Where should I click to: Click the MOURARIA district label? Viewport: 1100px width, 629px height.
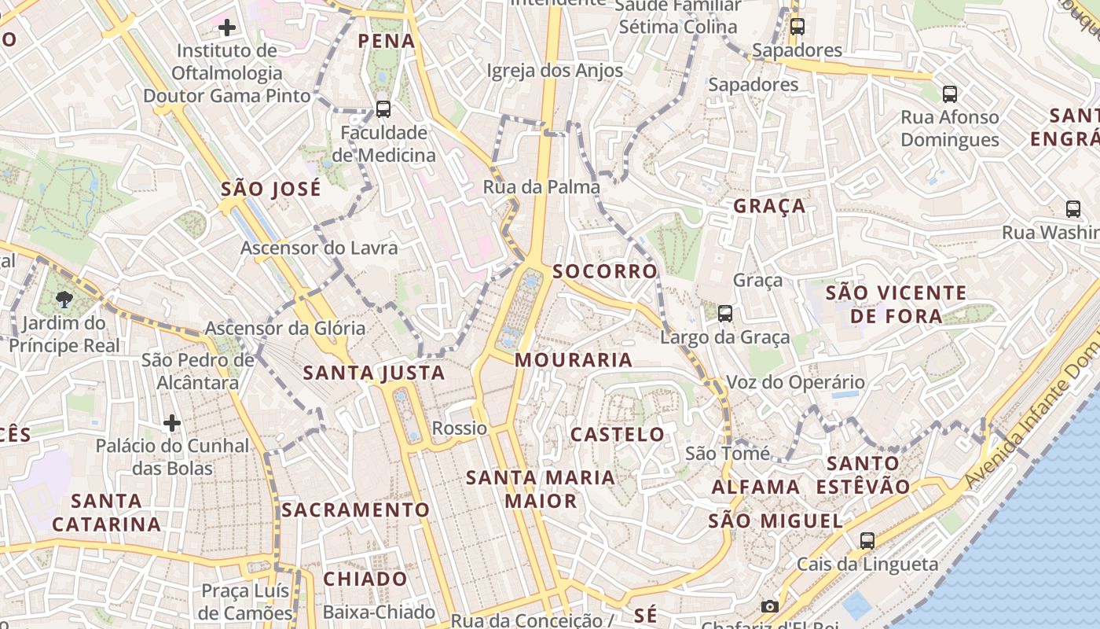click(x=574, y=360)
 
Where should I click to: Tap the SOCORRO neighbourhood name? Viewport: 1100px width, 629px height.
click(x=604, y=271)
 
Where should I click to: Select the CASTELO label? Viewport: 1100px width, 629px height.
click(x=618, y=434)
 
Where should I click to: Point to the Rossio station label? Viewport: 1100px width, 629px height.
click(x=460, y=429)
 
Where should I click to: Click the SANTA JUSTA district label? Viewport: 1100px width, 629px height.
click(x=374, y=373)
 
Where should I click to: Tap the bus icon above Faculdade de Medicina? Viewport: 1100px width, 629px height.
click(x=383, y=109)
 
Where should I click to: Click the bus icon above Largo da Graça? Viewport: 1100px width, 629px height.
click(x=725, y=314)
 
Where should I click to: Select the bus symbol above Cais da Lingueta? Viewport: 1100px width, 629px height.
click(x=867, y=541)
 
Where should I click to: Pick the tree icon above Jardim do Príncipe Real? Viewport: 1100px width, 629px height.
click(x=64, y=299)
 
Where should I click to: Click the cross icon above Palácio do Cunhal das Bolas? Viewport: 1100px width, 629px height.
click(x=172, y=423)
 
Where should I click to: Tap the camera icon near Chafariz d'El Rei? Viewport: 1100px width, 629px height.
click(x=770, y=606)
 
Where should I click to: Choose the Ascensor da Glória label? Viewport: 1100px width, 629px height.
click(x=285, y=328)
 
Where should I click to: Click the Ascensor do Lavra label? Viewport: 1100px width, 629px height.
click(x=319, y=248)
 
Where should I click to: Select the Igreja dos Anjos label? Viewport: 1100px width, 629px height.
click(x=555, y=71)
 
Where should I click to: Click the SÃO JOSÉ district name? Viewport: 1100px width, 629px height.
click(x=271, y=189)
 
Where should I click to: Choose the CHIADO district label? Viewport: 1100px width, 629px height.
click(x=365, y=579)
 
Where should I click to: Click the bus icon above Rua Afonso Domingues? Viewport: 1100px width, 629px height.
click(x=950, y=94)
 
